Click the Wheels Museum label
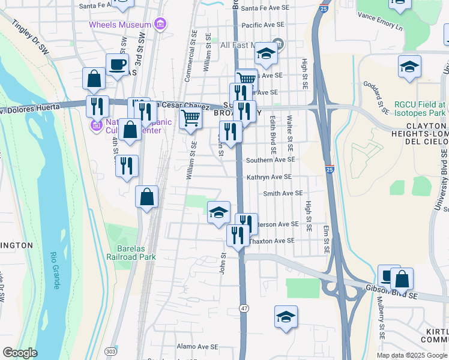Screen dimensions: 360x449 pyautogui.click(x=120, y=25)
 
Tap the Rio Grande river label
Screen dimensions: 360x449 pyautogui.click(x=55, y=270)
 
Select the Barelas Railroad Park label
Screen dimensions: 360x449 pyautogui.click(x=131, y=252)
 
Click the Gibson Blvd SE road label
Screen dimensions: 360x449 pyautogui.click(x=391, y=292)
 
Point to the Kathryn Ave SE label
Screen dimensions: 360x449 pyautogui.click(x=269, y=178)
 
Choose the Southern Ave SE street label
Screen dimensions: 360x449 pyautogui.click(x=271, y=160)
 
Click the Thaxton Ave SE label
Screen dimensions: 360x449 pyautogui.click(x=272, y=241)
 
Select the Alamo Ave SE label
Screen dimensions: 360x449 pyautogui.click(x=197, y=347)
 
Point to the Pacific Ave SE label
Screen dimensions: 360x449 pyautogui.click(x=262, y=25)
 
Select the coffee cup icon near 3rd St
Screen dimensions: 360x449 pyautogui.click(x=117, y=64)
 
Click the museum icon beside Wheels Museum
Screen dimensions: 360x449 pyautogui.click(x=160, y=25)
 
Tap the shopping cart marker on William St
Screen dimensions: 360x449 pyautogui.click(x=190, y=119)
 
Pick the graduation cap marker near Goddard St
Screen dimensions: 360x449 pyautogui.click(x=409, y=67)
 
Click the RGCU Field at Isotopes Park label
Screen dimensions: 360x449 pyautogui.click(x=420, y=108)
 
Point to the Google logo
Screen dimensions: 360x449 pyautogui.click(x=20, y=353)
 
